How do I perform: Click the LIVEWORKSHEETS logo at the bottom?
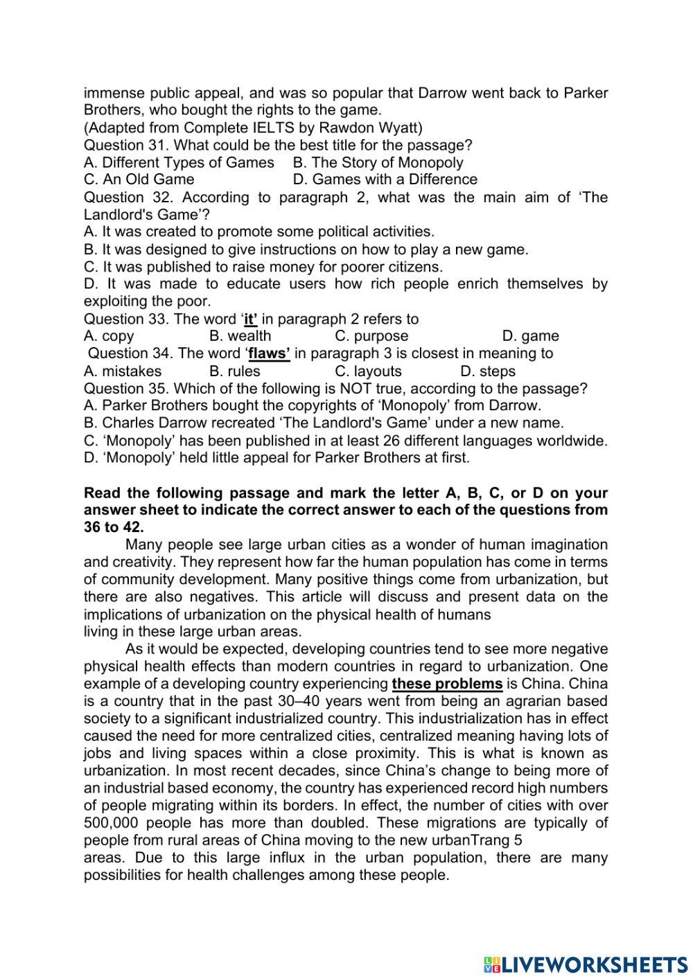[585, 964]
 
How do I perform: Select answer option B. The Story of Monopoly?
[378, 162]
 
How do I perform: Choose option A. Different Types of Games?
[179, 162]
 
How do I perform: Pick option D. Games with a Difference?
[385, 179]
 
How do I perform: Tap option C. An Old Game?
[139, 179]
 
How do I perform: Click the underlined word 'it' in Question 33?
[250, 319]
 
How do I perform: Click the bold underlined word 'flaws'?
[269, 353]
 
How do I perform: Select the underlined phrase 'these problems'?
[447, 684]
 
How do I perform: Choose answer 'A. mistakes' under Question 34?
[122, 371]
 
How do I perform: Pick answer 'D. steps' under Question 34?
[487, 371]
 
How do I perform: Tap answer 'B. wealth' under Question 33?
[240, 336]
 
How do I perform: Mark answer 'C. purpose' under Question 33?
[371, 336]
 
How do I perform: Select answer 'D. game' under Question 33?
[530, 336]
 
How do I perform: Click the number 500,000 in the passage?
[112, 823]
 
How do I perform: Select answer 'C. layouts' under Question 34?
[368, 371]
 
